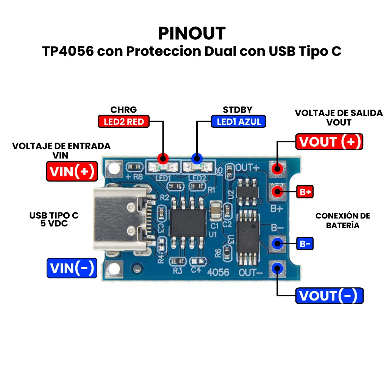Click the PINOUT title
tap(192, 33)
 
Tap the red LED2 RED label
tap(123, 121)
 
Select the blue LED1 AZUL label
tap(239, 121)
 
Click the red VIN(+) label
tap(72, 171)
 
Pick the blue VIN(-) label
tap(72, 268)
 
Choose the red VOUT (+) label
tap(329, 142)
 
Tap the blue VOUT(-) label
tap(329, 296)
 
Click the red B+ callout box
tap(305, 192)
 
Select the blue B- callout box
tap(305, 243)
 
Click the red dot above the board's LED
tap(163, 159)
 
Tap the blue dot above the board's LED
tap(197, 159)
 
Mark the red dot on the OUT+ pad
tap(277, 169)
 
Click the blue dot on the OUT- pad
tap(277, 268)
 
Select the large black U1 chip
tap(188, 223)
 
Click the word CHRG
tap(123, 110)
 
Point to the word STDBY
tap(237, 110)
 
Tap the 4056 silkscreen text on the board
tap(218, 272)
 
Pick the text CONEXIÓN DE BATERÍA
tap(342, 220)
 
